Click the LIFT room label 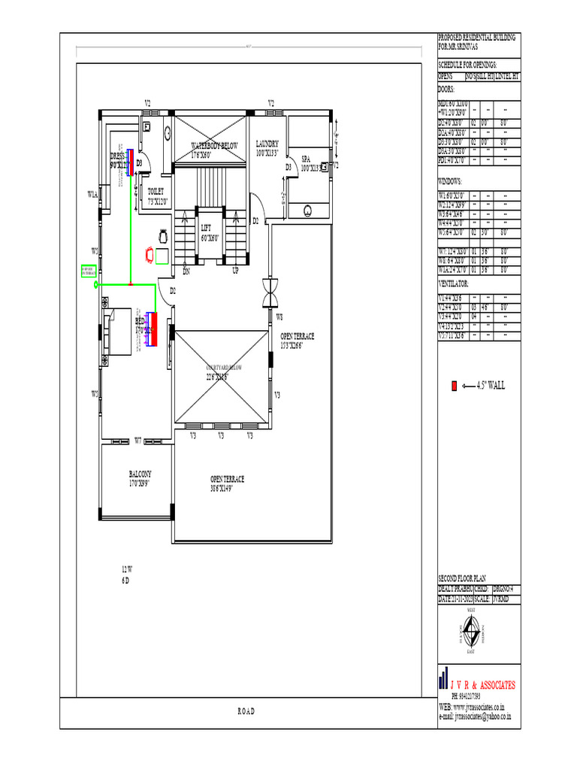point(206,227)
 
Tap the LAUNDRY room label point(267,144)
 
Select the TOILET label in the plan point(156,192)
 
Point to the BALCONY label point(140,474)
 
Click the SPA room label point(306,159)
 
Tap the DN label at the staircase point(187,271)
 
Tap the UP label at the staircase point(235,271)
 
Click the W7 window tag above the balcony point(138,441)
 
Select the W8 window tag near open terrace point(279,317)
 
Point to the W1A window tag point(92,194)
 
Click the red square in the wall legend point(454,386)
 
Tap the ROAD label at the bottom point(246,712)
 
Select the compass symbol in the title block point(471,629)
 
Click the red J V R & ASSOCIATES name point(482,685)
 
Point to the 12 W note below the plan point(127,568)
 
